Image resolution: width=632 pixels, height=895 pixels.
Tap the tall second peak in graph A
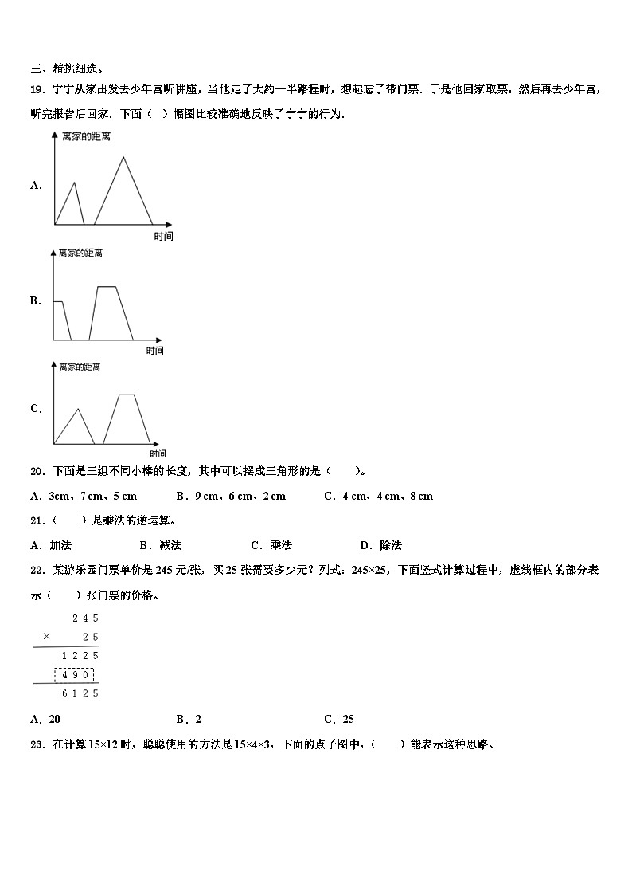[123, 158]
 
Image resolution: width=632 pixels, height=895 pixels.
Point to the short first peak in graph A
[75, 183]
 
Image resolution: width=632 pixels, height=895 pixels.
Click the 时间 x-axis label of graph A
[163, 236]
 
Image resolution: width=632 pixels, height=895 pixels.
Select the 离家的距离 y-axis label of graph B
[81, 253]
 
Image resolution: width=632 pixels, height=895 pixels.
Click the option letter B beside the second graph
[36, 301]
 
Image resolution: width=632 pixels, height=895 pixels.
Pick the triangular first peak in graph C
[77, 410]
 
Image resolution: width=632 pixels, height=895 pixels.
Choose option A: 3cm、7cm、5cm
[84, 496]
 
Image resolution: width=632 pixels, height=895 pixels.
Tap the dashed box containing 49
[74, 675]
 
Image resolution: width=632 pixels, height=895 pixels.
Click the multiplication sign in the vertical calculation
[46, 636]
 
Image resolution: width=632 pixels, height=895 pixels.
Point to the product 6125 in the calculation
[80, 693]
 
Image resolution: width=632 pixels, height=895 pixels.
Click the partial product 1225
[80, 655]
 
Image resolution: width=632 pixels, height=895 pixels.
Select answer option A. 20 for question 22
[45, 719]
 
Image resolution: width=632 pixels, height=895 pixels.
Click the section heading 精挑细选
[77, 69]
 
